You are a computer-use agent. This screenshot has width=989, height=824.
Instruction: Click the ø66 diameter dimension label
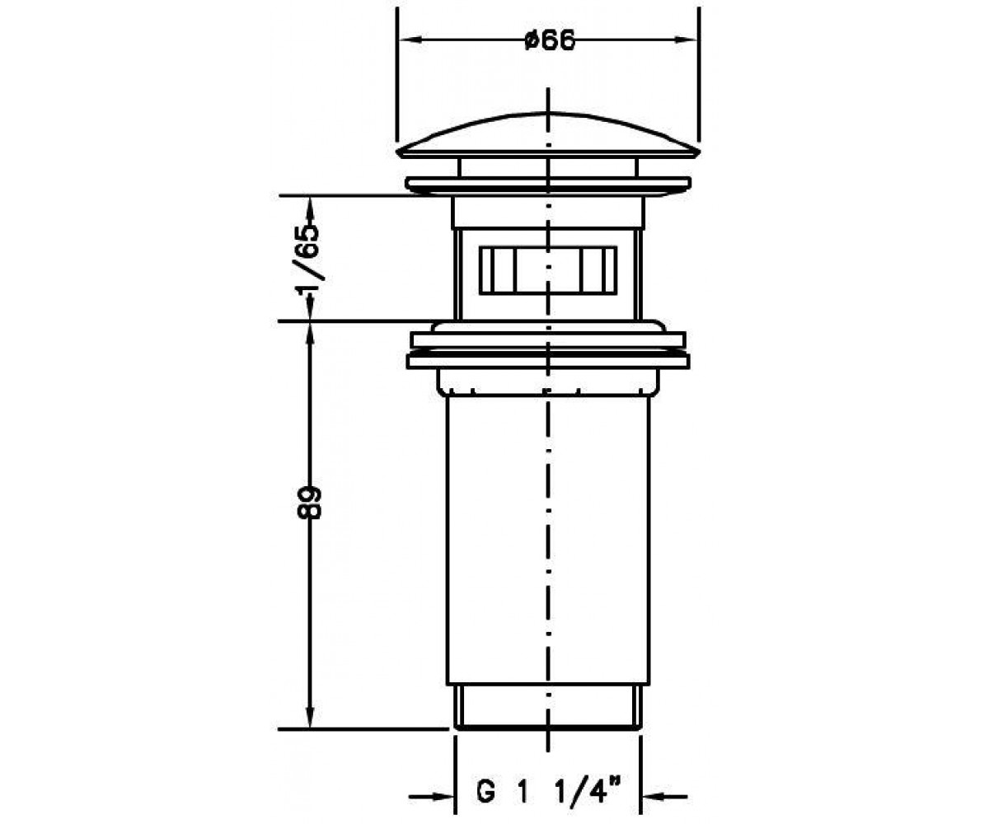point(550,40)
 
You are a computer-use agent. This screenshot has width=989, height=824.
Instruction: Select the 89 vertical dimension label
point(310,503)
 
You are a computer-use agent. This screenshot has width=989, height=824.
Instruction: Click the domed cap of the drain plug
point(548,134)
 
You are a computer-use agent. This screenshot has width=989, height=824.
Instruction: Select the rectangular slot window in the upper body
point(548,269)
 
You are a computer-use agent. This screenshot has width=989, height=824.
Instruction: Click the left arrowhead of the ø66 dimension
point(410,40)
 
